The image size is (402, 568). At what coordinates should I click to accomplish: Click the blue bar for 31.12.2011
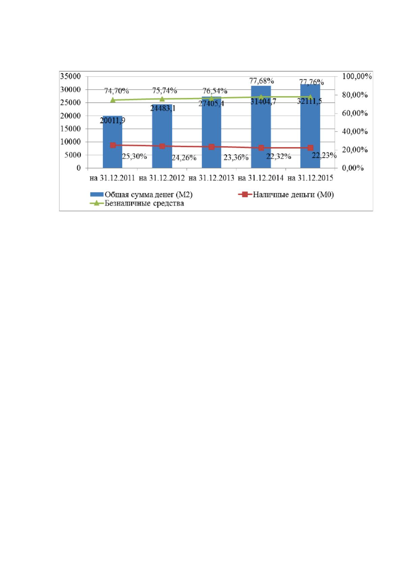pos(112,142)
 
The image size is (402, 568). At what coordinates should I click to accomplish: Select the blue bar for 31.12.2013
pos(211,132)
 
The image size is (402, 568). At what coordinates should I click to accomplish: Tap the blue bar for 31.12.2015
pos(310,126)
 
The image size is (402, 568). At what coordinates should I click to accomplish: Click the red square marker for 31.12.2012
pos(162,146)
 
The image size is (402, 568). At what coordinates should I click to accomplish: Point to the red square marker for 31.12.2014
pos(261,148)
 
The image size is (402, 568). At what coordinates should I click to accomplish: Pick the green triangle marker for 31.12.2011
pos(113,100)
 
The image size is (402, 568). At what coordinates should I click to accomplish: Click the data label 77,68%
pos(261,81)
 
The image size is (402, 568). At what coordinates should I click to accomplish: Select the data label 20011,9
pos(112,120)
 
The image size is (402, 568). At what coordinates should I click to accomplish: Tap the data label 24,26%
pos(184,158)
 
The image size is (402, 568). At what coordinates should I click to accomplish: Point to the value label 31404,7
pos(263,102)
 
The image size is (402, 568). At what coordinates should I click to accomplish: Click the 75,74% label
pos(164,90)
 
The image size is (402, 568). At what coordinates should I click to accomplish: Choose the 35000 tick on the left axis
pos(70,76)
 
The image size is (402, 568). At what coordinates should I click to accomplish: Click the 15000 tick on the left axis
pos(70,129)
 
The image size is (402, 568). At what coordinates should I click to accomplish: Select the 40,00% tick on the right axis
pos(355,131)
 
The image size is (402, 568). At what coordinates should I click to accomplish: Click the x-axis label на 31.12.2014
pos(261,178)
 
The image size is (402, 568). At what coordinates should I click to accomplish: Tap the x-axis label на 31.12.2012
pos(162,178)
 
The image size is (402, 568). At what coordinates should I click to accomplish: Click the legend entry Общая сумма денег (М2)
pos(141,195)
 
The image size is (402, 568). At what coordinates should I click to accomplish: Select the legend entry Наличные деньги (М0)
pos(286,195)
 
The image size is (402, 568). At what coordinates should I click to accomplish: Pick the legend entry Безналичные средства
pos(137,203)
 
